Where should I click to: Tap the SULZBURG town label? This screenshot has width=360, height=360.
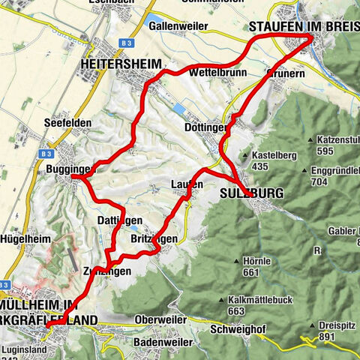[252, 193]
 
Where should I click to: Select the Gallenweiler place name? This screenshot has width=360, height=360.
[178, 25]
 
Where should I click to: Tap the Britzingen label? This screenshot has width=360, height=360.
[153, 238]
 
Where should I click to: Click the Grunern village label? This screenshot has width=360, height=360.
[283, 75]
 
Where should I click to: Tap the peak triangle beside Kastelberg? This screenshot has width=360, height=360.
[244, 156]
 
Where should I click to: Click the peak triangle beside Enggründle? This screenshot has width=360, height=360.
[311, 170]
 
